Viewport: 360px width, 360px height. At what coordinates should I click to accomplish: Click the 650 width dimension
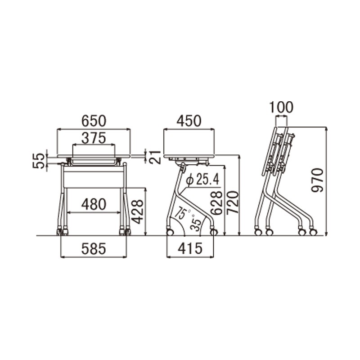[94, 121]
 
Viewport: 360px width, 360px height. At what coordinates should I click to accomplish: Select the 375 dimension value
[94, 138]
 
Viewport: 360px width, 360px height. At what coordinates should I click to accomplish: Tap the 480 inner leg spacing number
[94, 204]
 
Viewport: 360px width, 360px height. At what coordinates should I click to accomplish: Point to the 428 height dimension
[138, 211]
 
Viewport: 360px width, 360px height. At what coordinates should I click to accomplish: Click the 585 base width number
[94, 249]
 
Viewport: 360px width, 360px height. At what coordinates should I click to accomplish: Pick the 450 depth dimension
[189, 121]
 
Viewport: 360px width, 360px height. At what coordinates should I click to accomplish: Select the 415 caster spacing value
[190, 249]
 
